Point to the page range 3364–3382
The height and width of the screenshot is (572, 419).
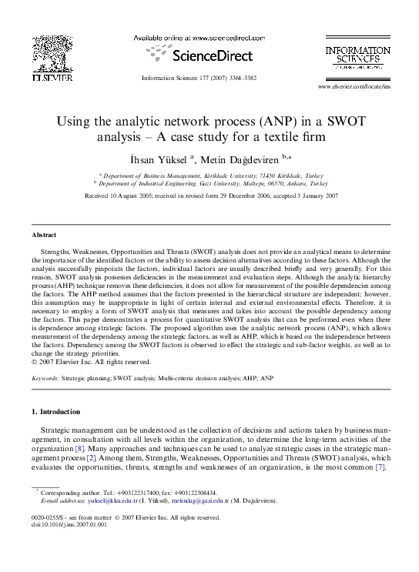[x=250, y=79]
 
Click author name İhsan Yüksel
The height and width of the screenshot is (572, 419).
[x=160, y=159]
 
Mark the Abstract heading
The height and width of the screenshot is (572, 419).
[x=43, y=234]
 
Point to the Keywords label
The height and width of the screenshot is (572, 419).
[x=45, y=379]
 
